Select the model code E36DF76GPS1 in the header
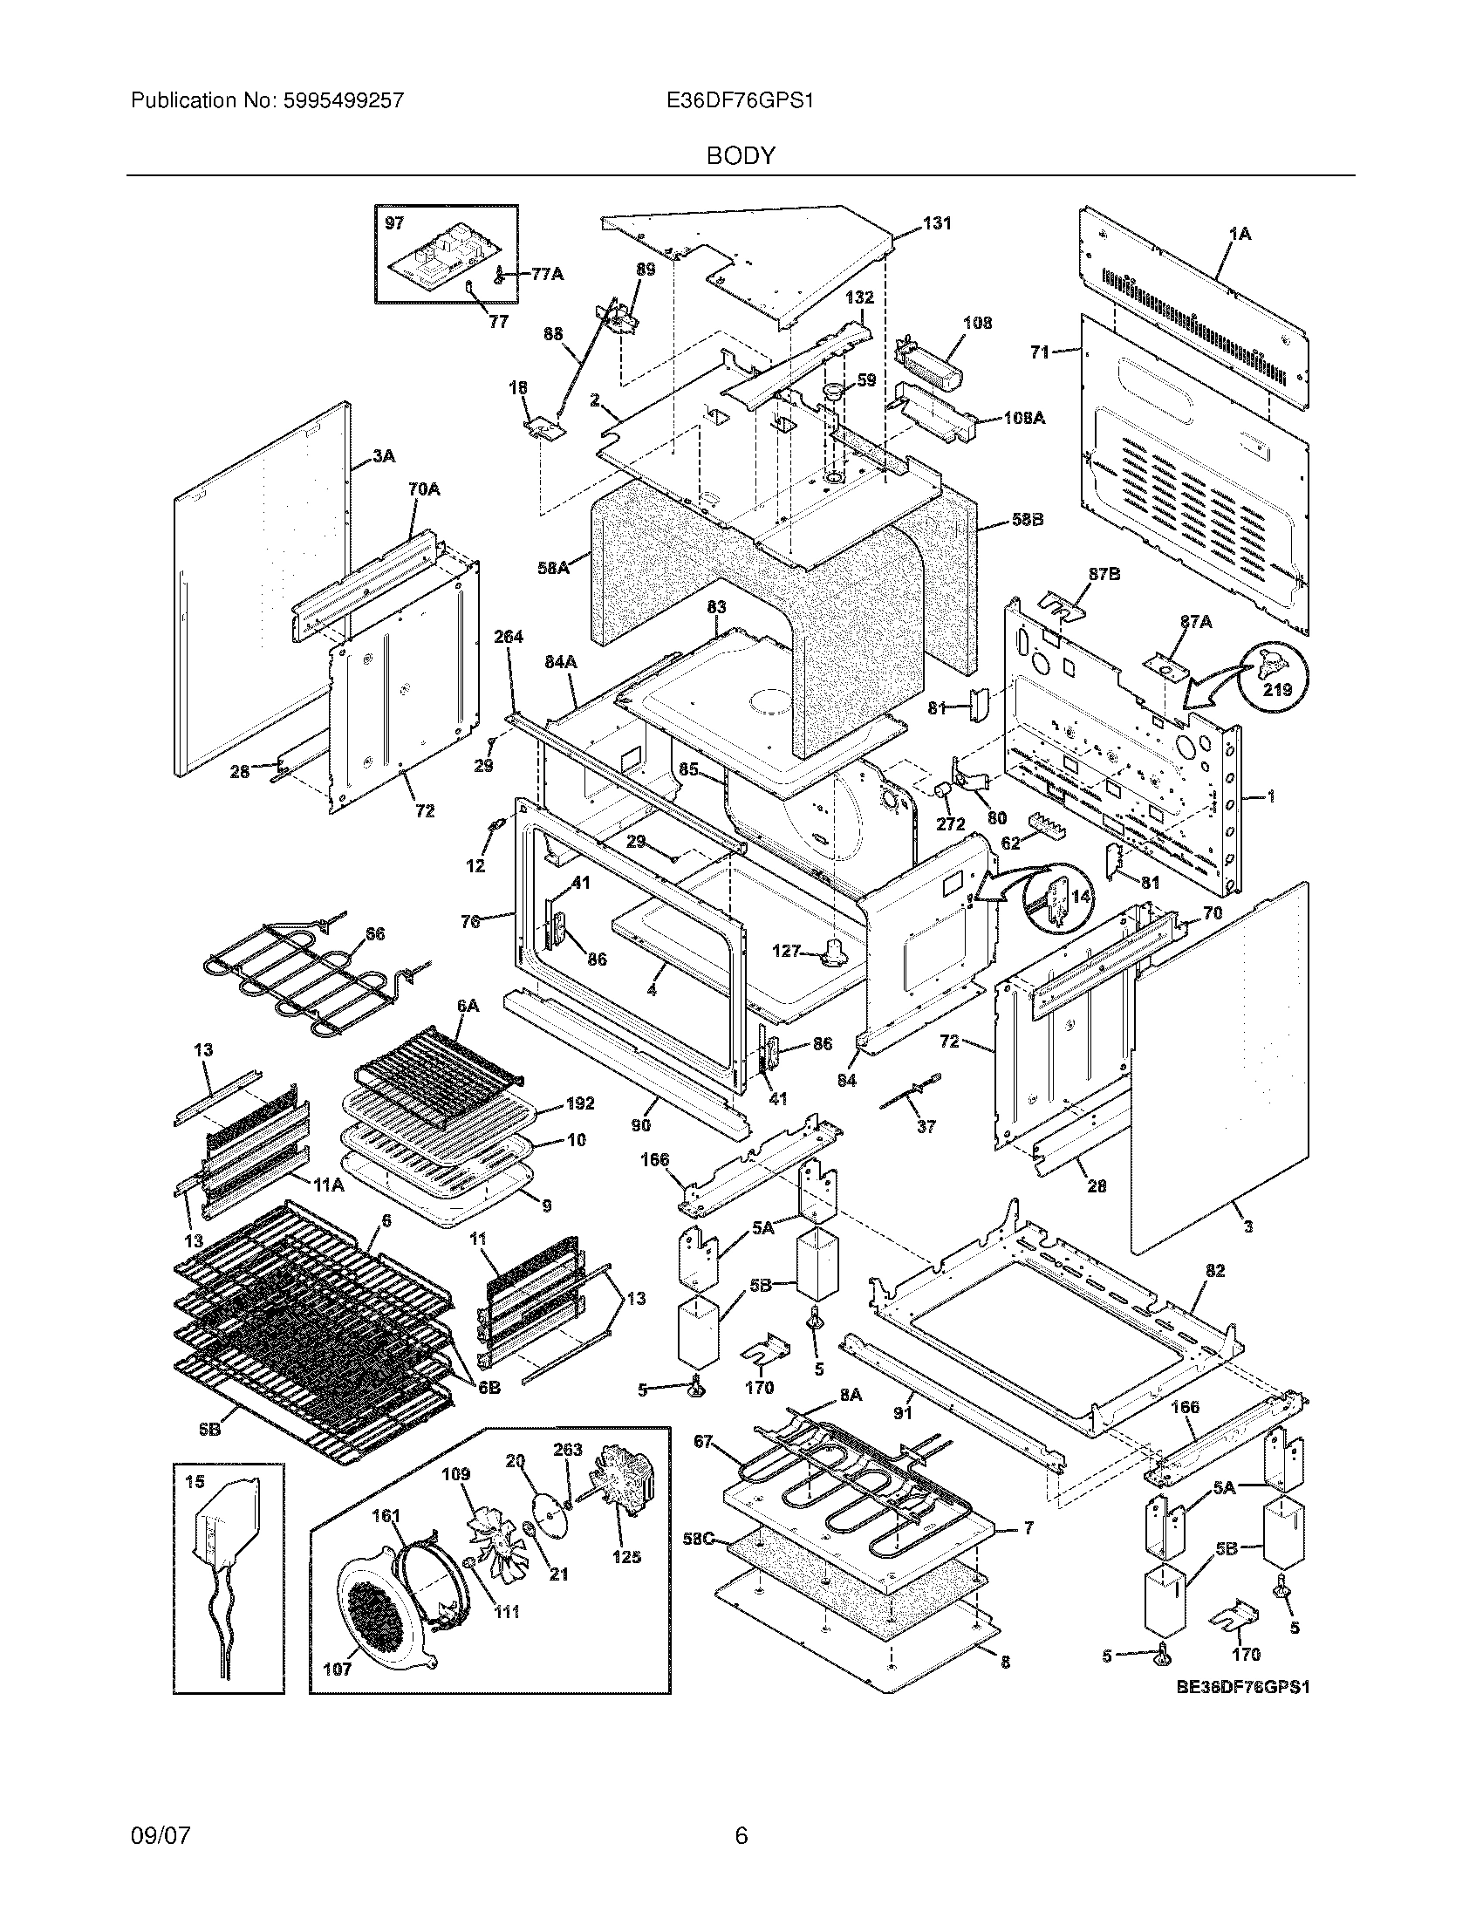tap(740, 101)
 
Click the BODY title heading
tap(741, 156)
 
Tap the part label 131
tap(937, 223)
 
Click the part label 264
tap(509, 636)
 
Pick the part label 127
tap(786, 951)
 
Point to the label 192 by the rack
tap(580, 1103)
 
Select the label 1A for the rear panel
tap(1240, 234)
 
